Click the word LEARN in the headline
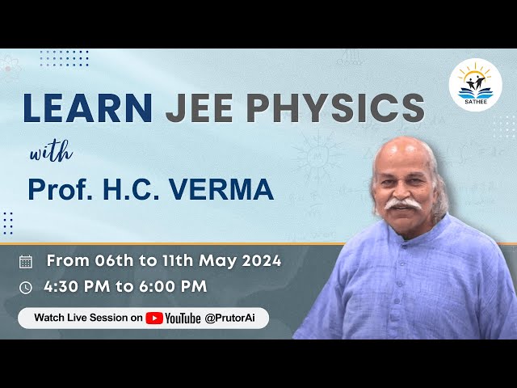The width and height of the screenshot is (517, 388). [87, 109]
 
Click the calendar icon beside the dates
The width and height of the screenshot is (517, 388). [26, 261]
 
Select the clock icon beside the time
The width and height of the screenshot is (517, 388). [26, 287]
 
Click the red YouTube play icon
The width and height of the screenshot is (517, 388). [153, 318]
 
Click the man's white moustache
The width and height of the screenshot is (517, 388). [403, 205]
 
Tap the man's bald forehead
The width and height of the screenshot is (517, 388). [401, 157]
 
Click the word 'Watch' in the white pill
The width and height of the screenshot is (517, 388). [51, 318]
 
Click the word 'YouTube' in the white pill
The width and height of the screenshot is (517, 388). [183, 318]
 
